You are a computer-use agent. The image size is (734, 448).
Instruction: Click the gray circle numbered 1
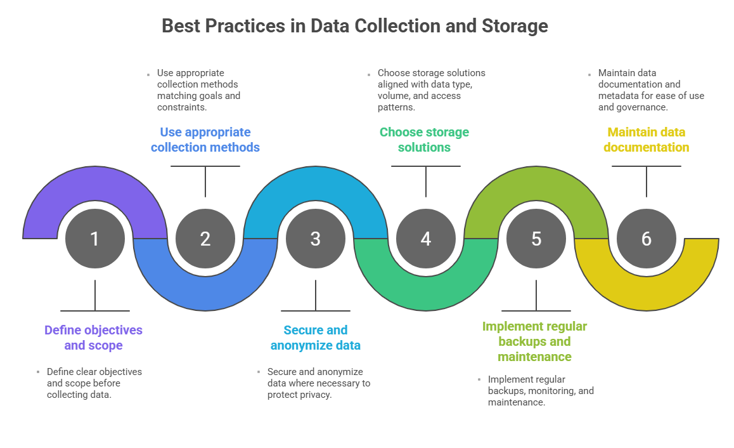tap(94, 239)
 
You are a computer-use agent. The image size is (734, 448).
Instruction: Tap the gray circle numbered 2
tap(205, 239)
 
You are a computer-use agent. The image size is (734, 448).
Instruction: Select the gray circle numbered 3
tap(315, 239)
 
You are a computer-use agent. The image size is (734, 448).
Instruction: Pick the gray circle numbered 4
tap(425, 239)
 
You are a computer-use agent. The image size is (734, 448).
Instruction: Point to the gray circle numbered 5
tap(536, 239)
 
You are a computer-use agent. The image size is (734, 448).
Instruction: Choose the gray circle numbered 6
tap(646, 239)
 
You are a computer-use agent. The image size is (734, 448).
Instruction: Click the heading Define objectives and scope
tap(93, 338)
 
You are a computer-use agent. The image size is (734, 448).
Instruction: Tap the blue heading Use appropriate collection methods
tap(205, 140)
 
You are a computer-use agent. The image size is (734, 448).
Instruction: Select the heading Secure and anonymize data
tap(315, 338)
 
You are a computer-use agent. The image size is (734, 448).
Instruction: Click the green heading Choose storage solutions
tap(424, 140)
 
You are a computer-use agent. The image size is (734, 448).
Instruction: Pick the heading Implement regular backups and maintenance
tap(534, 341)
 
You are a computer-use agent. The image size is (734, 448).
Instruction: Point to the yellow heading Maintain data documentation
tap(646, 140)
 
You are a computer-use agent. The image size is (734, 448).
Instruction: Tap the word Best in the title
tap(180, 26)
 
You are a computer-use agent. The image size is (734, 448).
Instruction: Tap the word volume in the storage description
tap(393, 96)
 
